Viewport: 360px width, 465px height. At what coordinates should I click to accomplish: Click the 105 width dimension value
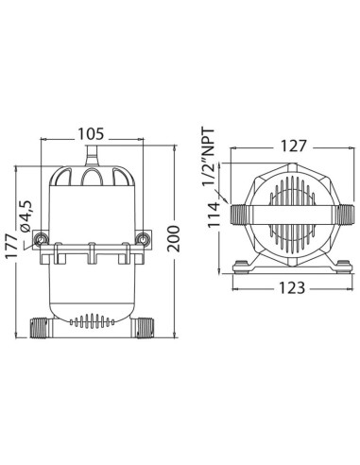91,134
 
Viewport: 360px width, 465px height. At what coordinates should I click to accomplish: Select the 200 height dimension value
174,238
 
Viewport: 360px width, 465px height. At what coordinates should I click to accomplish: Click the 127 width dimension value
293,146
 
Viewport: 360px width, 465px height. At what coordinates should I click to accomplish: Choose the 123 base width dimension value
292,287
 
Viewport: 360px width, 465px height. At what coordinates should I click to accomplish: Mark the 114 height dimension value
214,215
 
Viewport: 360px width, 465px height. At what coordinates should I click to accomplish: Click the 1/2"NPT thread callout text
209,157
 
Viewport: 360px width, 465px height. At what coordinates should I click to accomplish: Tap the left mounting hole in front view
41,239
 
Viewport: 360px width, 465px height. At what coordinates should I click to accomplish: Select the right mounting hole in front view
143,239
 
